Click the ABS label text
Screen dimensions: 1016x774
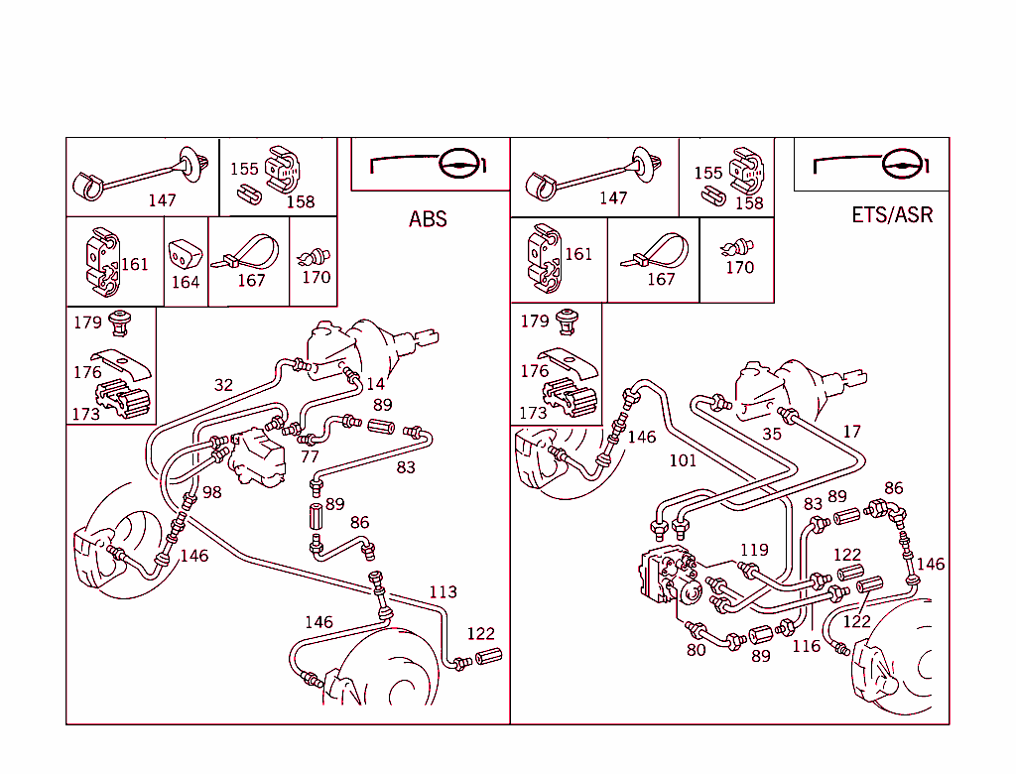(x=428, y=219)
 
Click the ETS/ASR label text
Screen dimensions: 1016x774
(x=892, y=214)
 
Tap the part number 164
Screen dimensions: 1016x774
(x=186, y=282)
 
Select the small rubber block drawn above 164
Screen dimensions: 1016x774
(x=185, y=253)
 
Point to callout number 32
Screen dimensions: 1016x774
(x=223, y=385)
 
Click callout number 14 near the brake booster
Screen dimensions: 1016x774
(x=376, y=384)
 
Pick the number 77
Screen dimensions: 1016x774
(x=310, y=456)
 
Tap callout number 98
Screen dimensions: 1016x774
(x=212, y=492)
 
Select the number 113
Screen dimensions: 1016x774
(x=444, y=591)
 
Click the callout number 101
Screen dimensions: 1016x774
(x=683, y=460)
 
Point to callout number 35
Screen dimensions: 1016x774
(x=772, y=434)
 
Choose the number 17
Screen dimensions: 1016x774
(x=852, y=431)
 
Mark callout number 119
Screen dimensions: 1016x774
(x=754, y=550)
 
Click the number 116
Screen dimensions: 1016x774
(x=807, y=646)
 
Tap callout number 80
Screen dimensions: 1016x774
(x=696, y=650)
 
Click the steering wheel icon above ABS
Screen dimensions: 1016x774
(x=429, y=164)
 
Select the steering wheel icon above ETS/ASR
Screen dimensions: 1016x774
(x=871, y=165)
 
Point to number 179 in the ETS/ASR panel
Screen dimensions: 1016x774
(x=535, y=322)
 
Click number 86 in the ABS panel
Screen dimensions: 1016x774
(x=359, y=523)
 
